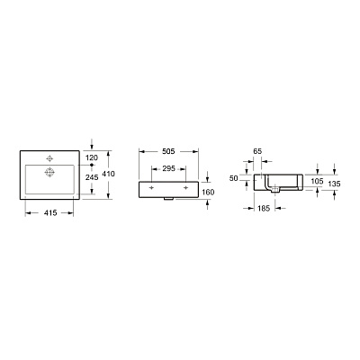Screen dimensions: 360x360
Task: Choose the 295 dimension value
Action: click(x=167, y=169)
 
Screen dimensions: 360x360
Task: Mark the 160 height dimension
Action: click(x=207, y=191)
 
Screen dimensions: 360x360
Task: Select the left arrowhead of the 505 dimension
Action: click(x=139, y=161)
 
